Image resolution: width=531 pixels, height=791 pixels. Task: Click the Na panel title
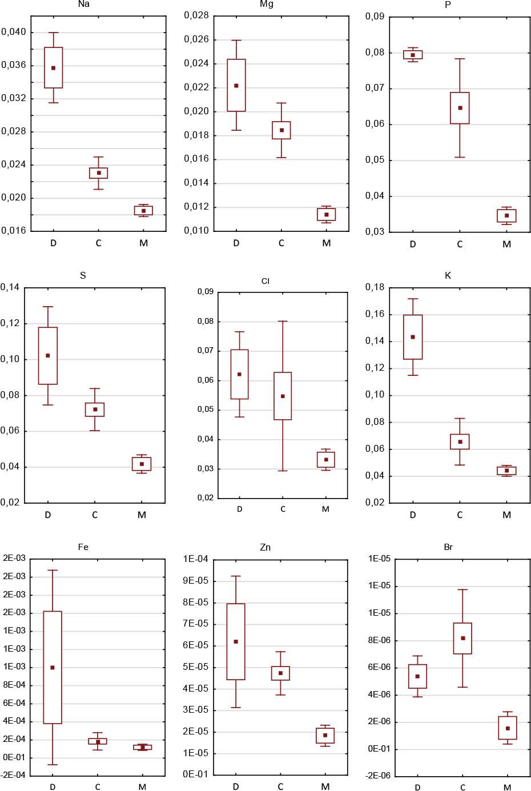[x=83, y=5]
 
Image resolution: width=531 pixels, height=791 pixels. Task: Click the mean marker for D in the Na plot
[x=54, y=68]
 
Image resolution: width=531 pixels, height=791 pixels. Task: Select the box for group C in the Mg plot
[x=281, y=130]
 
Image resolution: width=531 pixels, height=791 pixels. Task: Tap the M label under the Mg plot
[x=326, y=243]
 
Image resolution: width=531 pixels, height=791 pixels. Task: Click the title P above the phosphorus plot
[x=448, y=5]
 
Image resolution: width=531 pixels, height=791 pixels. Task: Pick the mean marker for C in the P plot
[x=460, y=108]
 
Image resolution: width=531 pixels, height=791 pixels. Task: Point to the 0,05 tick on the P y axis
[x=375, y=160]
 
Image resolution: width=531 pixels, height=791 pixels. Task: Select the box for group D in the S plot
[x=48, y=356]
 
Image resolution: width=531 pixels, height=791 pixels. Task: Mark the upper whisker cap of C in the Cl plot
[x=283, y=322]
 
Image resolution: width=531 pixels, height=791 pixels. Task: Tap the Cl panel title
[x=265, y=282]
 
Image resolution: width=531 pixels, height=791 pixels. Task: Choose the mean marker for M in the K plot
[x=506, y=471]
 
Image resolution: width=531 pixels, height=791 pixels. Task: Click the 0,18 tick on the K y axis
[x=375, y=287]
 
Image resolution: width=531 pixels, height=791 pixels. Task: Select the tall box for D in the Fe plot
[x=53, y=668]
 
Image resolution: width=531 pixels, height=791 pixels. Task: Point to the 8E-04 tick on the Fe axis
[x=14, y=685]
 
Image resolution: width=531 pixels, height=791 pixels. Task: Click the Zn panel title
[x=265, y=548]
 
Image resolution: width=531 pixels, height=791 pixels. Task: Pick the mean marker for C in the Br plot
[x=462, y=639]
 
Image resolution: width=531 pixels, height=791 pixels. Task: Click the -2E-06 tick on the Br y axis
[x=379, y=776]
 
